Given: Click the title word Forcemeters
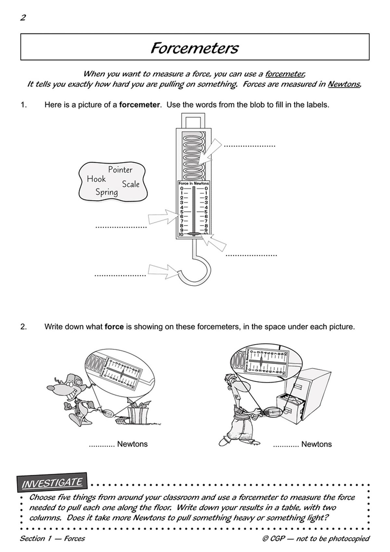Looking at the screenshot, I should pos(194,48).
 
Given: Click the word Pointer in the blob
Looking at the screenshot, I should pos(120,170).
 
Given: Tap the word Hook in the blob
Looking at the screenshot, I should pos(96,179).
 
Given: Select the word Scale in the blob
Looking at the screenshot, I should pos(131,184).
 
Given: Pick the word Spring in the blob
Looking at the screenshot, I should pos(107,192).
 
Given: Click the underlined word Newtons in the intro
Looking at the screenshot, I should pos(344,84).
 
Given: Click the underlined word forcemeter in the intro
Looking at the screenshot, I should pos(285,74).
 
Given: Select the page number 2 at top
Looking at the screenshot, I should pos(23,18).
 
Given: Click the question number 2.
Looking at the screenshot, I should pos(23,327).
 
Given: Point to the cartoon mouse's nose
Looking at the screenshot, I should pos(50,388).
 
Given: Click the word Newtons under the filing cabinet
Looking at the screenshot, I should pos(316,444).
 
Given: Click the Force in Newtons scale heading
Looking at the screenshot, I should pos(194,183).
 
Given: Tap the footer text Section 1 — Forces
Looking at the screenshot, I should pos(52,538).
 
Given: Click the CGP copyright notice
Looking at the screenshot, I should pos(316,538).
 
